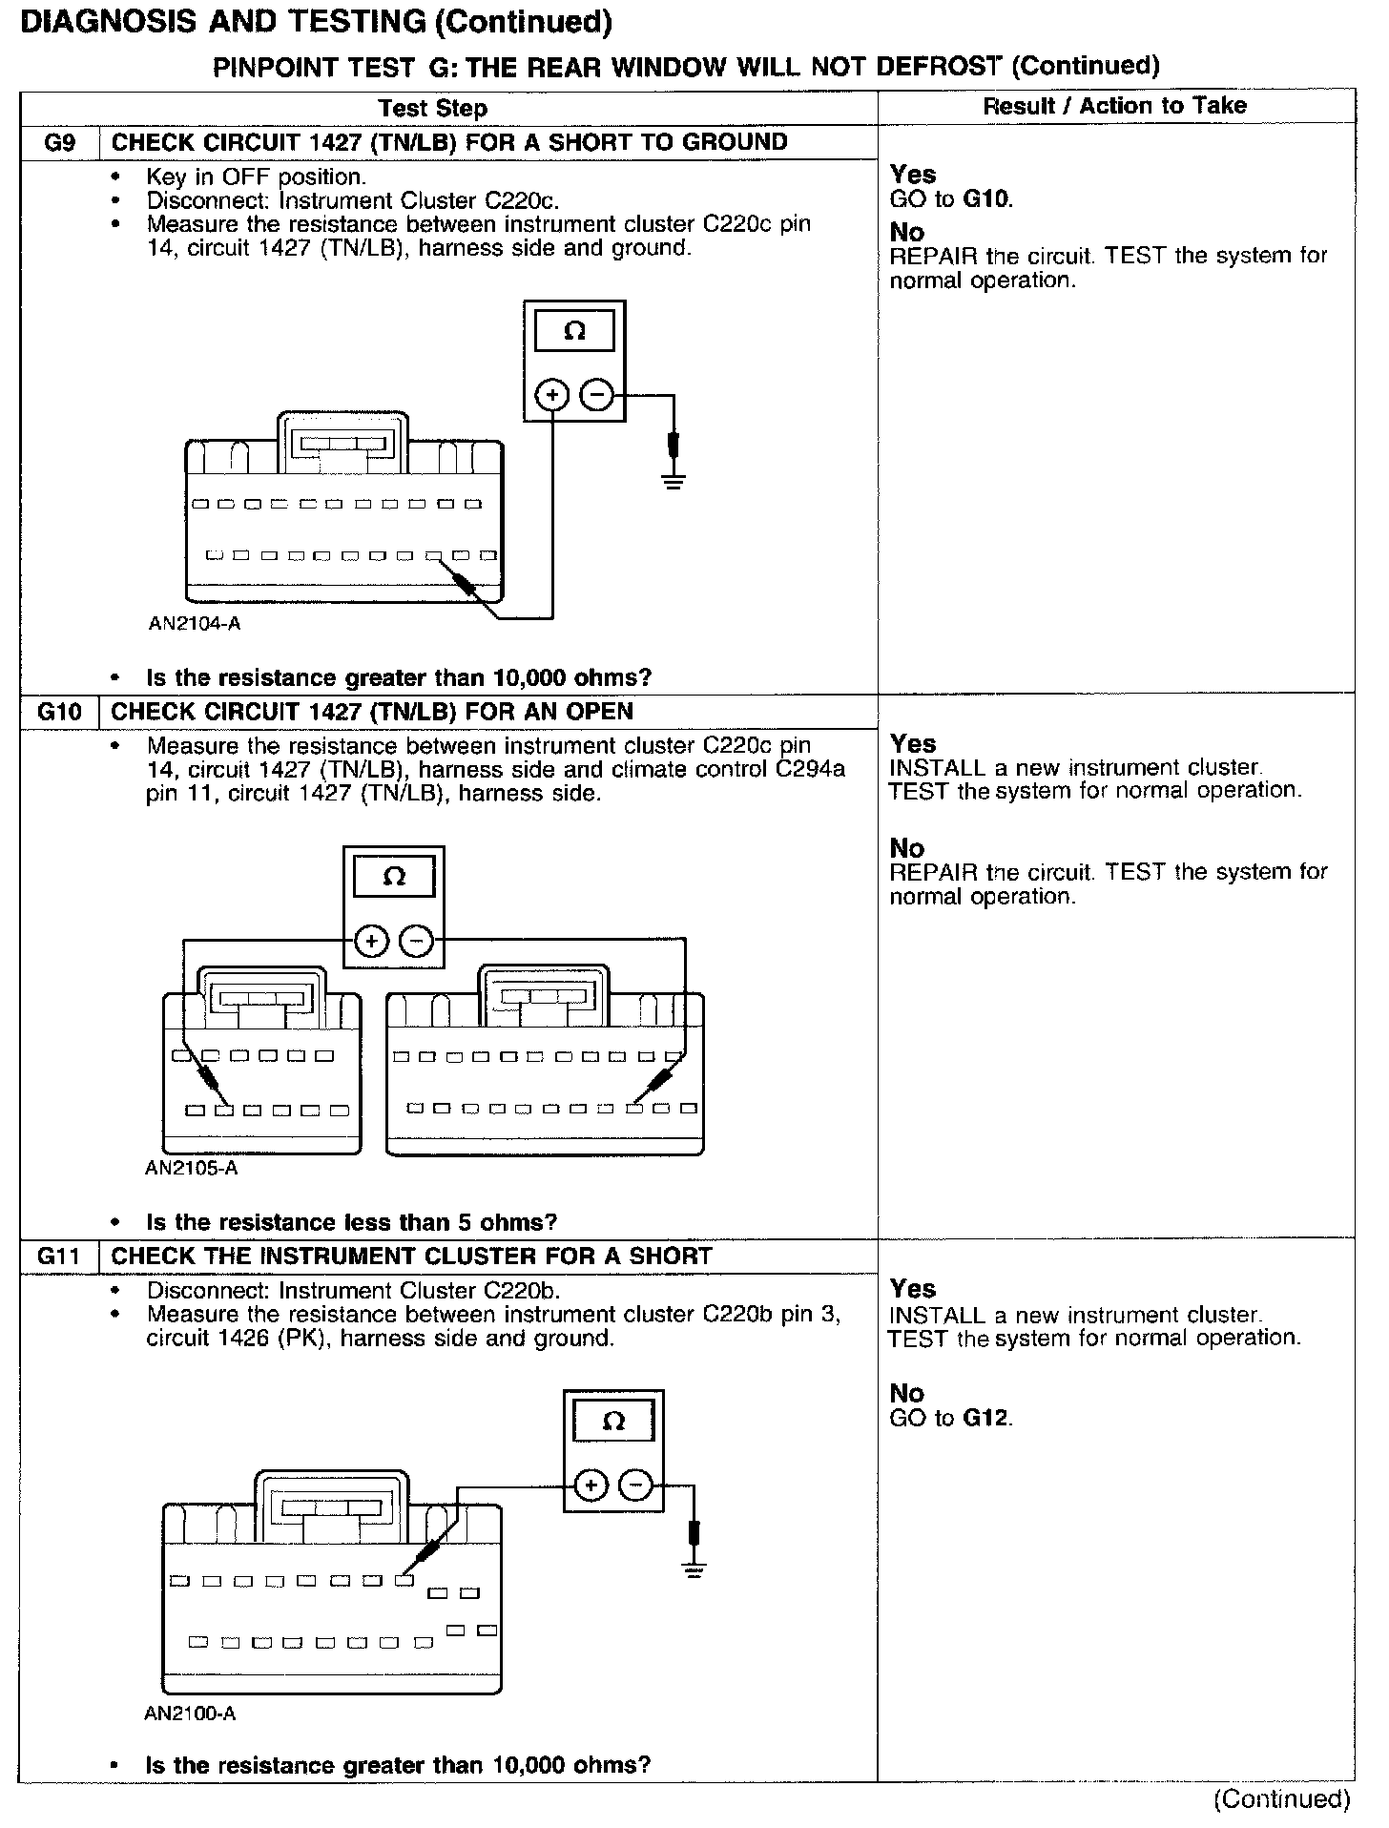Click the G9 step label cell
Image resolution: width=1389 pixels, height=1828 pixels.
pos(59,143)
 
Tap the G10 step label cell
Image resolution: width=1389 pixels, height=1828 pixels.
pos(59,713)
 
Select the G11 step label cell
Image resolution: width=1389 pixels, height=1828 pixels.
pos(59,1257)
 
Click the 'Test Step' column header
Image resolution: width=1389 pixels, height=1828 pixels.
pos(432,109)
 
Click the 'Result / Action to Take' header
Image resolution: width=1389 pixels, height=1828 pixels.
pos(1114,106)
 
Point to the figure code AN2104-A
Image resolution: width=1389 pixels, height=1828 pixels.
pos(195,624)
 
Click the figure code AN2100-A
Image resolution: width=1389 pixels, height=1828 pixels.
pos(191,1714)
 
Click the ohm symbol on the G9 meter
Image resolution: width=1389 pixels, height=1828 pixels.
pos(574,332)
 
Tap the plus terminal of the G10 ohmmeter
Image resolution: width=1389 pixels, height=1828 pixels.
pos(371,943)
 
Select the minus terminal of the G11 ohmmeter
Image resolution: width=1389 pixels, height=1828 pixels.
pos(636,1485)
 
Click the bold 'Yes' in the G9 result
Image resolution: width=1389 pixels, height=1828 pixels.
pos(913,175)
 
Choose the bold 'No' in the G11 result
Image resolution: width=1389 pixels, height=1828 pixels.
pos(907,1394)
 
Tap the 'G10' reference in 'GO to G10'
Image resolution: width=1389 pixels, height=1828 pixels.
pos(986,199)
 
